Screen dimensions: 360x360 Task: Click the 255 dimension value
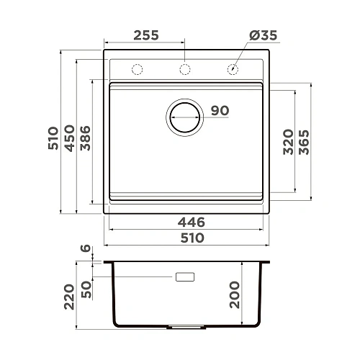146,35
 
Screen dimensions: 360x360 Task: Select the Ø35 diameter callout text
263,35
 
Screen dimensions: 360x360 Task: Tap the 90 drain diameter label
220,111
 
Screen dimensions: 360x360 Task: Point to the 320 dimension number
287,142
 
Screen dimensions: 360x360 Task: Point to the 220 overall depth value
69,294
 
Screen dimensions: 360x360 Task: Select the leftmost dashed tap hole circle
137,70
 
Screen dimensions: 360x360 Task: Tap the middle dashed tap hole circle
185,70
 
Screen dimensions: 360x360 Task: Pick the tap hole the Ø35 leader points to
233,70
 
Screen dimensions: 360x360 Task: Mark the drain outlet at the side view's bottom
184,327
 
